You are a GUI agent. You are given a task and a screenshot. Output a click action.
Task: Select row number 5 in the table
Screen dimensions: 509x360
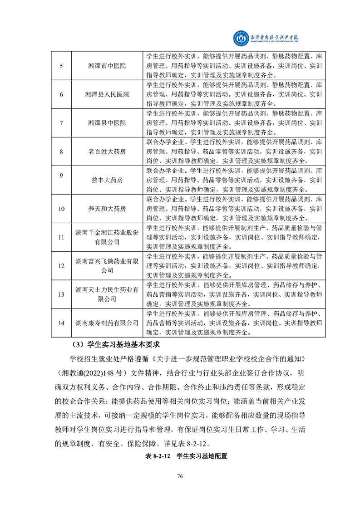click(61, 66)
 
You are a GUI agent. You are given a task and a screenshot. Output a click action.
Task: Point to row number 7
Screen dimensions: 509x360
click(61, 123)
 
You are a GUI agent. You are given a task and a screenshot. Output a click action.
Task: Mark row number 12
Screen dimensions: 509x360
click(61, 265)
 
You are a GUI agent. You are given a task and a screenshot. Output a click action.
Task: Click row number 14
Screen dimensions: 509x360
click(61, 323)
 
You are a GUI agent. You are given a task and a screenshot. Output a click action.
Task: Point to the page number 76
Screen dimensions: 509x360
click(180, 476)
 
